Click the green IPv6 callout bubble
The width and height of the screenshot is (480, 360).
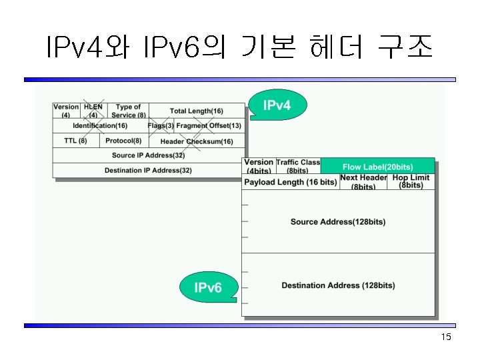click(x=207, y=287)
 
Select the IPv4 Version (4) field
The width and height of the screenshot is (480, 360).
click(x=66, y=111)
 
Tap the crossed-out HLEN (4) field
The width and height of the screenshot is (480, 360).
click(x=93, y=111)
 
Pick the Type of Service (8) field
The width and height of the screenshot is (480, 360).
click(x=128, y=111)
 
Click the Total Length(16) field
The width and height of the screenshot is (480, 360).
click(x=197, y=111)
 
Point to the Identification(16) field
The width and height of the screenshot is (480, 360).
click(x=100, y=125)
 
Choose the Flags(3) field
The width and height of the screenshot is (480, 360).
click(x=161, y=125)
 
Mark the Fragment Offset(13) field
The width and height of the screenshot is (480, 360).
click(x=209, y=125)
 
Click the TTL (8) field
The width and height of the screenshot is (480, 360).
click(x=75, y=141)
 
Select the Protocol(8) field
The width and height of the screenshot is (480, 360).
click(x=123, y=141)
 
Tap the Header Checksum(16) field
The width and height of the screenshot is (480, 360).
click(x=197, y=141)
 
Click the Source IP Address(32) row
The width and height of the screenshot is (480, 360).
click(x=148, y=155)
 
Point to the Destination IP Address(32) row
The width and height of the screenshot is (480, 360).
click(x=148, y=171)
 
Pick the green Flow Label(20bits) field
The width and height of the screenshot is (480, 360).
click(x=377, y=166)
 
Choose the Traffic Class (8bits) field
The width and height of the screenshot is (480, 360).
click(x=298, y=167)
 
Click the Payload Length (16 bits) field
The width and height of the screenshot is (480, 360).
click(x=290, y=182)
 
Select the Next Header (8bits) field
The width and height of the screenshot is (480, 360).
click(x=363, y=182)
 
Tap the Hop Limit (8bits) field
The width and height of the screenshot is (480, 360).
click(x=411, y=182)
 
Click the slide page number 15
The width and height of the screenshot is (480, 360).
click(x=446, y=337)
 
